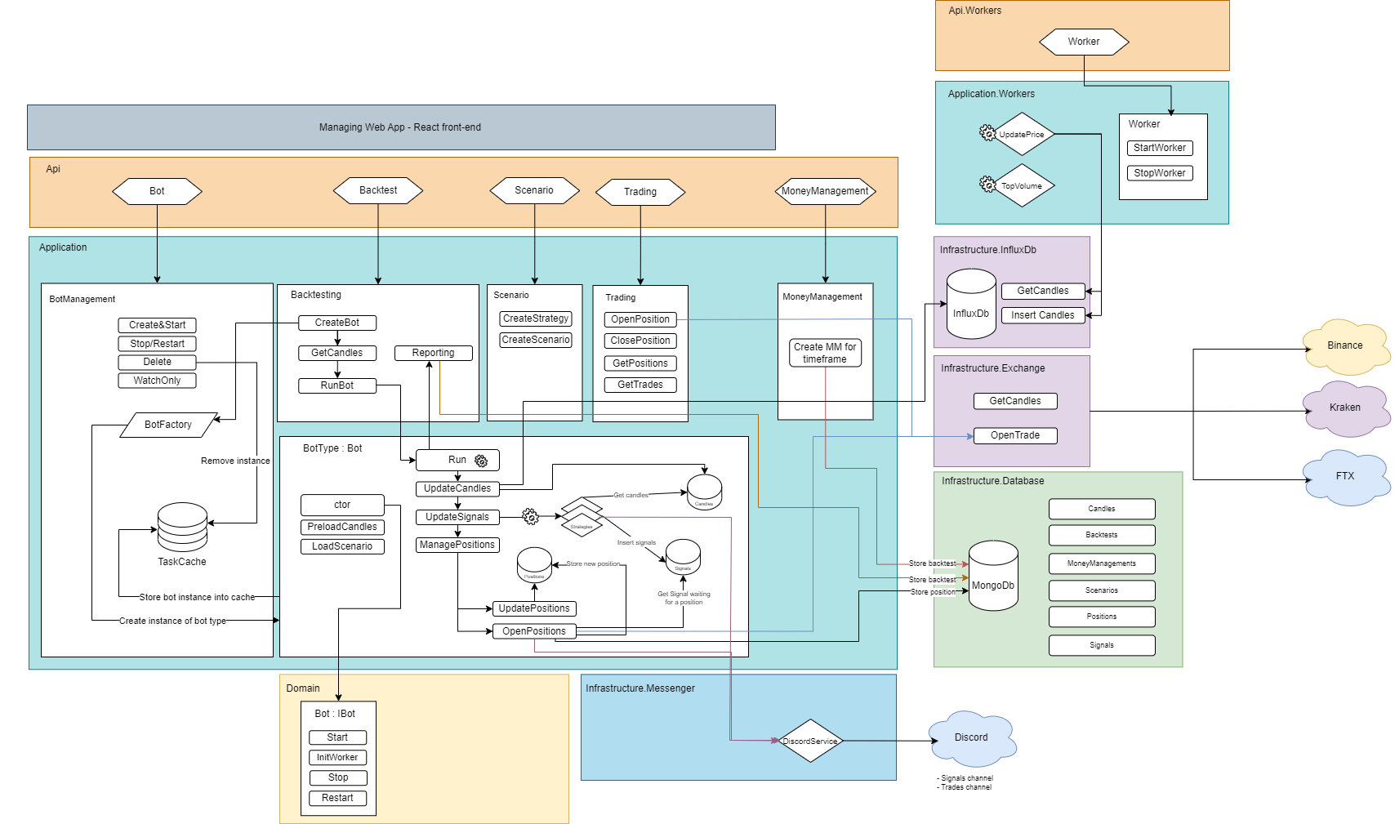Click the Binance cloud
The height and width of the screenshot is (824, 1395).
pyautogui.click(x=1344, y=346)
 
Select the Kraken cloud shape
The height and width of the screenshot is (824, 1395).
pyautogui.click(x=1344, y=408)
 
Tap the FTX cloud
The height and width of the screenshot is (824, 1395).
pyautogui.click(x=1344, y=476)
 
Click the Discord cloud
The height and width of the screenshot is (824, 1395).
pyautogui.click(x=971, y=737)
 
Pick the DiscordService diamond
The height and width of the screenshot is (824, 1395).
pyautogui.click(x=809, y=741)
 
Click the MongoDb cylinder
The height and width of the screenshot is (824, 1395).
pyautogui.click(x=992, y=577)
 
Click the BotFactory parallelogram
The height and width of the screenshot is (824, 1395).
pyautogui.click(x=168, y=425)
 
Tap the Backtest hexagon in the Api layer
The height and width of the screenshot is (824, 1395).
pyautogui.click(x=378, y=190)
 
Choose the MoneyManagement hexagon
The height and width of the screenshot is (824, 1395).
pyautogui.click(x=825, y=191)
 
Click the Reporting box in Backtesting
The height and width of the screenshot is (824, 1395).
pyautogui.click(x=433, y=353)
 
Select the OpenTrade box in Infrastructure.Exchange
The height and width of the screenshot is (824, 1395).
pyautogui.click(x=1015, y=435)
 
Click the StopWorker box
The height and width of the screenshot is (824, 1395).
pyautogui.click(x=1159, y=173)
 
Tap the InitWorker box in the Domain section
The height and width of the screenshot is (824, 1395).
pyautogui.click(x=337, y=757)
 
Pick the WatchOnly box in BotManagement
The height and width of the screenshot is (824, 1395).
pyautogui.click(x=157, y=381)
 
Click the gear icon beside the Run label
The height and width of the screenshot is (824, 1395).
pyautogui.click(x=481, y=461)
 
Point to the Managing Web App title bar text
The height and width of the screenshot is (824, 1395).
pyautogui.click(x=400, y=127)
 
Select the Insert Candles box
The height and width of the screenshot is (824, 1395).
pyautogui.click(x=1042, y=315)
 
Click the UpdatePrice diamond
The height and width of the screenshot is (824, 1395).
pyautogui.click(x=1022, y=134)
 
